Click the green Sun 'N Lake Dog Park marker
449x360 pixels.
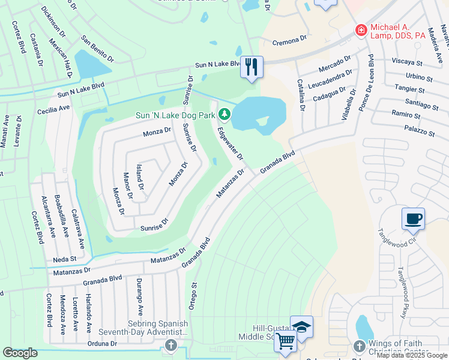point(224,113)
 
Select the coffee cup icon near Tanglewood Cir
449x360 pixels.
point(413,218)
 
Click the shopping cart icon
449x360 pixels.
point(285,341)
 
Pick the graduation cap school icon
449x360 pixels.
point(302,326)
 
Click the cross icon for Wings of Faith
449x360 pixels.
point(359,346)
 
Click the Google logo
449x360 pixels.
point(20,353)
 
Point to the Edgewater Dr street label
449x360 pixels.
point(231,143)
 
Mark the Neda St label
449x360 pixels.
point(65,259)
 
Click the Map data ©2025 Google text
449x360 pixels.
point(412,355)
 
